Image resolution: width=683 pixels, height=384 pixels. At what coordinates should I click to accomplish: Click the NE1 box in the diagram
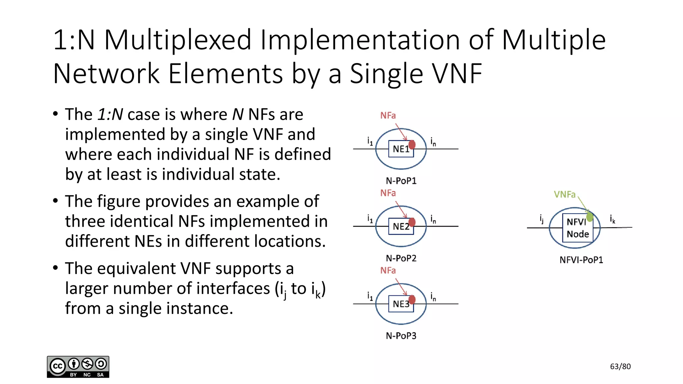400,149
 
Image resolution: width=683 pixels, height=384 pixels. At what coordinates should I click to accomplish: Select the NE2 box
400,227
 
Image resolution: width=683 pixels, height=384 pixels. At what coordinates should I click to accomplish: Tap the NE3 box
400,304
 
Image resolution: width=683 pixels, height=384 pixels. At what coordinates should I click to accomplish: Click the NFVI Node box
577,228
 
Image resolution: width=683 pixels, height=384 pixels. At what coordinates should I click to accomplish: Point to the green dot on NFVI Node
590,217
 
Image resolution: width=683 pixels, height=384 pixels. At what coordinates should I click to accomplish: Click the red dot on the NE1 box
412,144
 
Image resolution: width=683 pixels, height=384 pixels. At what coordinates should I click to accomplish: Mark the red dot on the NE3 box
412,299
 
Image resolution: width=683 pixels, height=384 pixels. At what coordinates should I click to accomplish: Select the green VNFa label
565,194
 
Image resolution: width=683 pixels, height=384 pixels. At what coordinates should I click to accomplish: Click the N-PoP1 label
401,181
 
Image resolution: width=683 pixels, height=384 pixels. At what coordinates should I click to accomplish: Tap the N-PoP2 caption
401,258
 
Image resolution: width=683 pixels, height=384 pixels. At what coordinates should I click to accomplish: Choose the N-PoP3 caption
401,336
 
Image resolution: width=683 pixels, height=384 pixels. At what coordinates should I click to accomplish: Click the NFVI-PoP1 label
581,260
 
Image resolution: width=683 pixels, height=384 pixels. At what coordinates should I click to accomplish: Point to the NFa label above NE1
388,115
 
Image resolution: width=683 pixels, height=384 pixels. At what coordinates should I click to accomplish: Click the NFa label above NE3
388,270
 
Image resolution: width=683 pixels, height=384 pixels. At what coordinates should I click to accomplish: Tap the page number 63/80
620,367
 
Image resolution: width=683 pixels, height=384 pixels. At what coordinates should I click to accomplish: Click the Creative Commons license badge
78,367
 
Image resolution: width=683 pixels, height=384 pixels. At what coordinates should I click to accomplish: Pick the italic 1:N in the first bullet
110,114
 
